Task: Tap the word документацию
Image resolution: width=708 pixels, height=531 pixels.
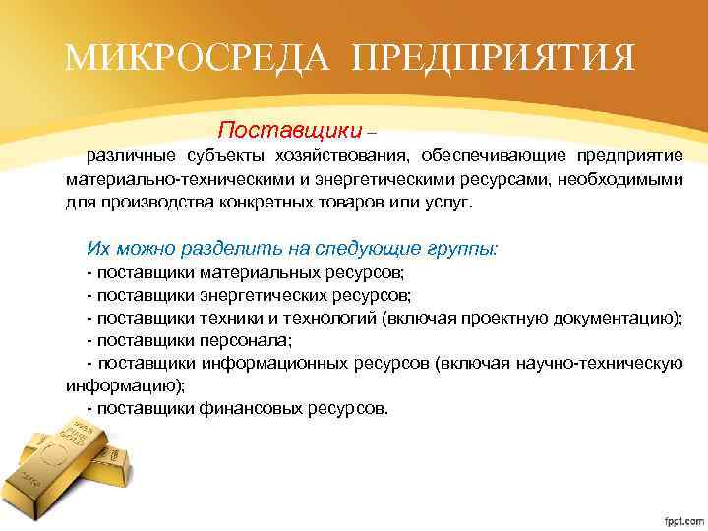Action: coord(615,318)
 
